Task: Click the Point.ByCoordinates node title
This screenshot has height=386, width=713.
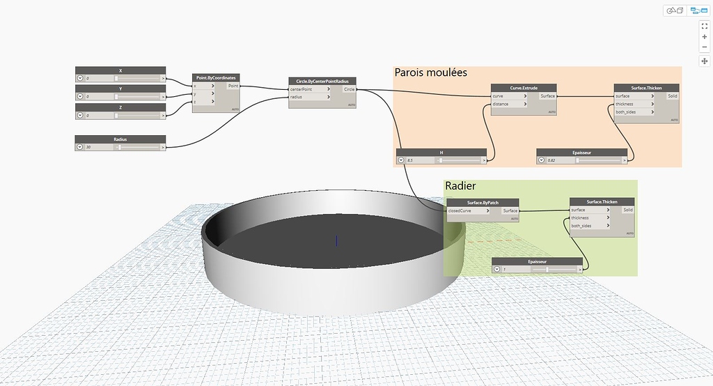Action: click(216, 77)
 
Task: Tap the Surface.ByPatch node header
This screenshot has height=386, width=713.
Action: click(483, 202)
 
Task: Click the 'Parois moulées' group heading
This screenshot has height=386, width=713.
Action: click(430, 72)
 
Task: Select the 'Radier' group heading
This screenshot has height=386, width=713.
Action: click(460, 186)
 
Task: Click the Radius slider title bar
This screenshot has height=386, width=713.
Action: click(120, 139)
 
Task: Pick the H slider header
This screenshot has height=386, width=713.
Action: click(441, 152)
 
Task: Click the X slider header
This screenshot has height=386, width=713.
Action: click(120, 70)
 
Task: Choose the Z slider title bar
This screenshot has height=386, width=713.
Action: click(120, 107)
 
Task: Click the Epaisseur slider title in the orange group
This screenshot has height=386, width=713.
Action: click(582, 152)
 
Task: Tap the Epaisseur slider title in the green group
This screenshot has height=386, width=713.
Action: click(537, 261)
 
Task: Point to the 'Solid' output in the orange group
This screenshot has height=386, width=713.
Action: click(672, 96)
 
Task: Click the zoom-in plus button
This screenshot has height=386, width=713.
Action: click(705, 36)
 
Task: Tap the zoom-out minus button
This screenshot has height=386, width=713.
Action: click(705, 47)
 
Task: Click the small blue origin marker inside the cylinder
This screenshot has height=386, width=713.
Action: click(336, 240)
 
